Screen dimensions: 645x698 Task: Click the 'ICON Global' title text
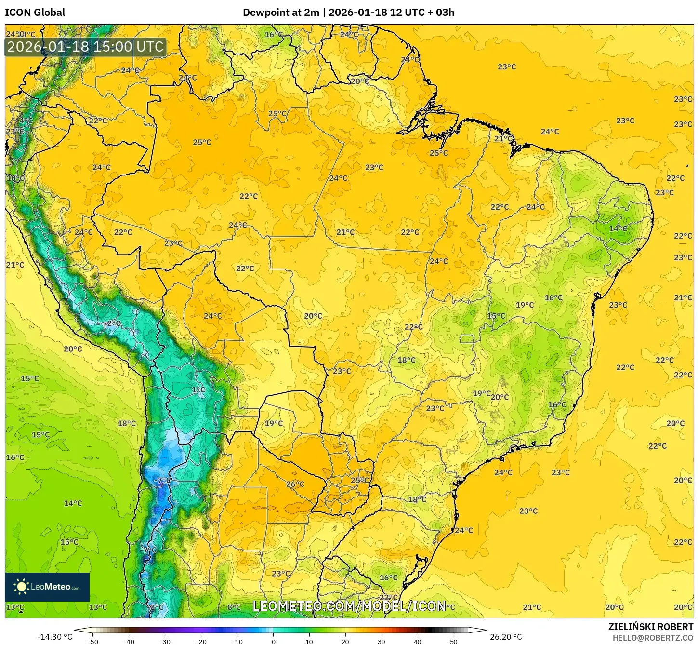click(35, 13)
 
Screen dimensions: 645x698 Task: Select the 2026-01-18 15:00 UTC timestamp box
click(85, 47)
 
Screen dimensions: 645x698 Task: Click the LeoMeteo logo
click(47, 587)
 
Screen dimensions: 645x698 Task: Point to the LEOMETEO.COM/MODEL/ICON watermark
click(349, 606)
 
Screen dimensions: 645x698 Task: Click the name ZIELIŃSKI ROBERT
click(650, 627)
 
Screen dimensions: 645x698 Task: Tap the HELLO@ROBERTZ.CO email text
click(653, 638)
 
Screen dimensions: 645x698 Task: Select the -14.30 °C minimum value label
click(54, 637)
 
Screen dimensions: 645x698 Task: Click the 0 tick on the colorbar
click(273, 642)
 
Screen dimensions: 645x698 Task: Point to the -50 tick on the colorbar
click(92, 642)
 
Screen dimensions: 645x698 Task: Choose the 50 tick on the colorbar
click(454, 642)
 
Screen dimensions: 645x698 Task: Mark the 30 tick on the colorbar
click(382, 642)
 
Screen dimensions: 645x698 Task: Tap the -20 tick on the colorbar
click(200, 642)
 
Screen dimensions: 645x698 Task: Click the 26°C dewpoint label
click(295, 484)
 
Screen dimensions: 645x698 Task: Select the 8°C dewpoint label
click(234, 607)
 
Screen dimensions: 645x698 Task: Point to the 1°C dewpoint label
click(198, 390)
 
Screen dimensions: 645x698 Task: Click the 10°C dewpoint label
click(15, 178)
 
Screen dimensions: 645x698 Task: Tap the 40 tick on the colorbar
click(418, 642)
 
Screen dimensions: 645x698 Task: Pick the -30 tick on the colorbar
click(164, 642)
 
